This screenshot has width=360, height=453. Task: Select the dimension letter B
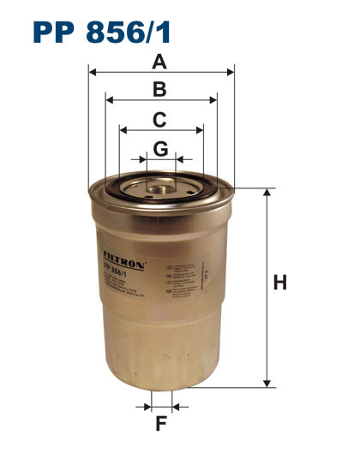click(x=159, y=88)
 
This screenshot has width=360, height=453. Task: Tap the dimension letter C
click(x=159, y=119)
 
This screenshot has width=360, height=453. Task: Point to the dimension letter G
click(x=160, y=148)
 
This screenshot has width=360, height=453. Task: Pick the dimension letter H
click(x=279, y=283)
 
